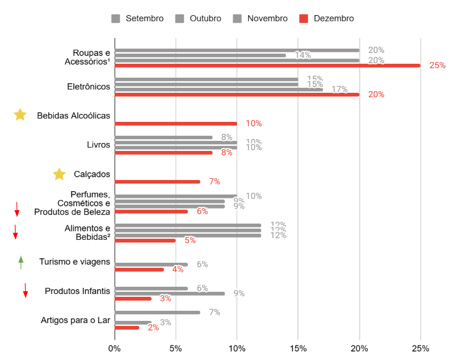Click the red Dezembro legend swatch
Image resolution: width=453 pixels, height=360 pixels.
coord(304,18)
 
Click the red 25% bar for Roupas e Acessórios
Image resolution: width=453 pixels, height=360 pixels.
coord(267,65)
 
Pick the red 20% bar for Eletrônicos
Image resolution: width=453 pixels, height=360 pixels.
coord(237,94)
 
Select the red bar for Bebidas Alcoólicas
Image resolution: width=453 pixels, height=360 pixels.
coord(176,124)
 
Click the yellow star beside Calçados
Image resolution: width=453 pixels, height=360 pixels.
coord(59,174)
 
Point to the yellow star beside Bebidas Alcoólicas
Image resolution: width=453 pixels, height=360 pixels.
coord(20,115)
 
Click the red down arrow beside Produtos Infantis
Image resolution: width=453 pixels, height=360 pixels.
coord(25,291)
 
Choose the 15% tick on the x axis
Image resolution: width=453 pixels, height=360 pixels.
coord(298,348)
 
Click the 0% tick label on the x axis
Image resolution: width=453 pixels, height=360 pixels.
coord(115,348)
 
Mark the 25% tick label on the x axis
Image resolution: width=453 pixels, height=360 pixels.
coord(421,348)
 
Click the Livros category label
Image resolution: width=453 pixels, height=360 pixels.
coord(98,145)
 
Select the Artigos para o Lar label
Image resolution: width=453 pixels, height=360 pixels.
coord(75,320)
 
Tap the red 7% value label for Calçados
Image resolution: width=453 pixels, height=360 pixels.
coord(214,182)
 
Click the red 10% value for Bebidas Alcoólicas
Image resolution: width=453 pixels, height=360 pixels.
coord(254,124)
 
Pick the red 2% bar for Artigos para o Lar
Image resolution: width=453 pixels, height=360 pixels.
coord(127,328)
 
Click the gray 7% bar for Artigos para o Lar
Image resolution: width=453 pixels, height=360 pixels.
coord(157,312)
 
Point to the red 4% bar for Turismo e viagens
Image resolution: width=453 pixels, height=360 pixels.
coord(139,269)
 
